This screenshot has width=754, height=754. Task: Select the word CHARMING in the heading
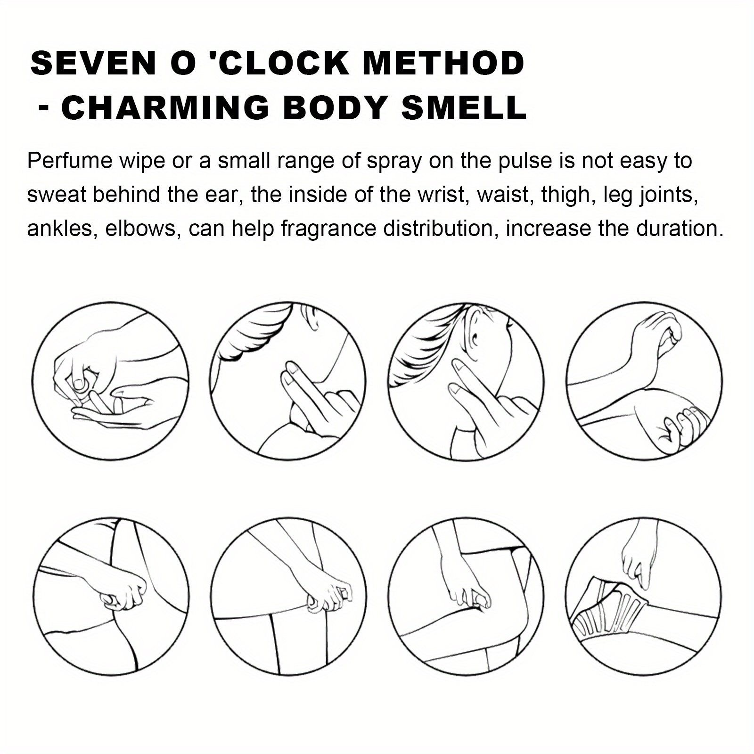coord(165,107)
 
